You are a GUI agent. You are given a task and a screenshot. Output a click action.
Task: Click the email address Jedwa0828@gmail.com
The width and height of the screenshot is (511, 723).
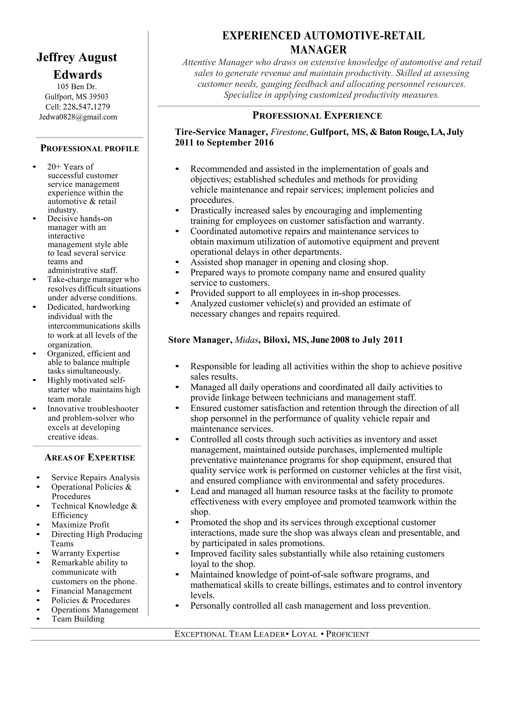(x=78, y=117)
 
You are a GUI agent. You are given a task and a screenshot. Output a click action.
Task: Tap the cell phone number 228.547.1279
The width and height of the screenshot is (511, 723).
(x=86, y=107)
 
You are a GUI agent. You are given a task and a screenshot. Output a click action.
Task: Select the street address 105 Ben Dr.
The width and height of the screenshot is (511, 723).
(x=77, y=87)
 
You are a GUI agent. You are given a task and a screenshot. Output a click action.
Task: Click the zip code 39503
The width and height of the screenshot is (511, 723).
(x=98, y=97)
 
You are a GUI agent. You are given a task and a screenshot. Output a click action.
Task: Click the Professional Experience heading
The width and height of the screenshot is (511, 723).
(x=317, y=116)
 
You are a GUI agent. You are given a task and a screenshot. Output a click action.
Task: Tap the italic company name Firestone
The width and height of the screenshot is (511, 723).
(x=289, y=132)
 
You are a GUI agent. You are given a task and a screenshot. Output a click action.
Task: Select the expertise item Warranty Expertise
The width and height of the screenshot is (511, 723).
(x=85, y=553)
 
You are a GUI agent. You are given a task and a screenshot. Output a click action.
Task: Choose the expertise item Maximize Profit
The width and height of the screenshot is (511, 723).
(x=80, y=525)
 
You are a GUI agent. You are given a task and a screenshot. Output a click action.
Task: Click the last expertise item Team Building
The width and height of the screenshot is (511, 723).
(x=78, y=619)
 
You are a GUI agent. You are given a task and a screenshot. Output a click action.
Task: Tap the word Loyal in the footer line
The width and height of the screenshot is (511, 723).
(x=304, y=634)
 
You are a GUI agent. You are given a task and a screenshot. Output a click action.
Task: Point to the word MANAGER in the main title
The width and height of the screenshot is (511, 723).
(x=318, y=50)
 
